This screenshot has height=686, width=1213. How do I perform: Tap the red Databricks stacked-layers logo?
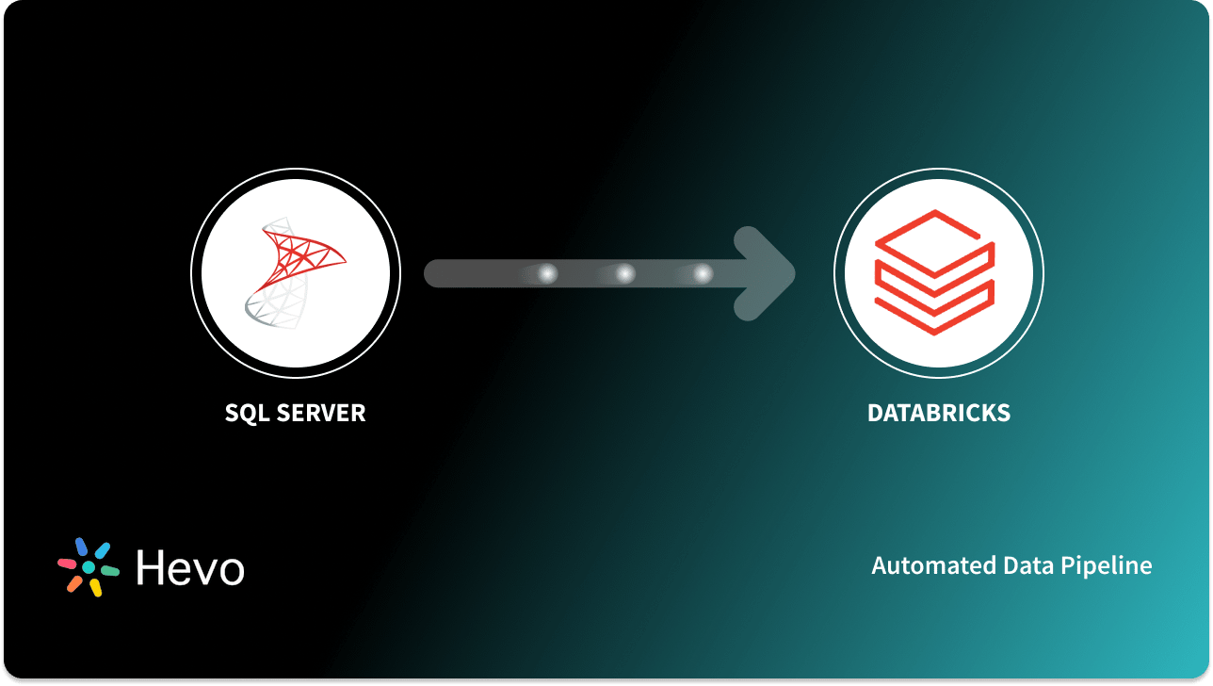tap(934, 272)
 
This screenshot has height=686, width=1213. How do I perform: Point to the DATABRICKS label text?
tap(938, 413)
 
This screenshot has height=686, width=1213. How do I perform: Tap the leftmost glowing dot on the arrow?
tap(547, 274)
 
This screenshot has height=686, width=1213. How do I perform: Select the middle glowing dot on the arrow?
tap(624, 274)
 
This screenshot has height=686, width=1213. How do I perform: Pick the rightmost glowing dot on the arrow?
tap(703, 274)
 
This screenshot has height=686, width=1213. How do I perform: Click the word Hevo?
tap(190, 567)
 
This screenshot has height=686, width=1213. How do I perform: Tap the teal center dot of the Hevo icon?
tap(89, 567)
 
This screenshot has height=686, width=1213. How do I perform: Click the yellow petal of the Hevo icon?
tap(95, 588)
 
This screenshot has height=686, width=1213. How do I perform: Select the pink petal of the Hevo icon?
tap(67, 563)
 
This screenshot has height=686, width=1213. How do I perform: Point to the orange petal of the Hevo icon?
tap(73, 583)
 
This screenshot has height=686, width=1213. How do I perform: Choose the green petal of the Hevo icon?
tap(110, 571)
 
